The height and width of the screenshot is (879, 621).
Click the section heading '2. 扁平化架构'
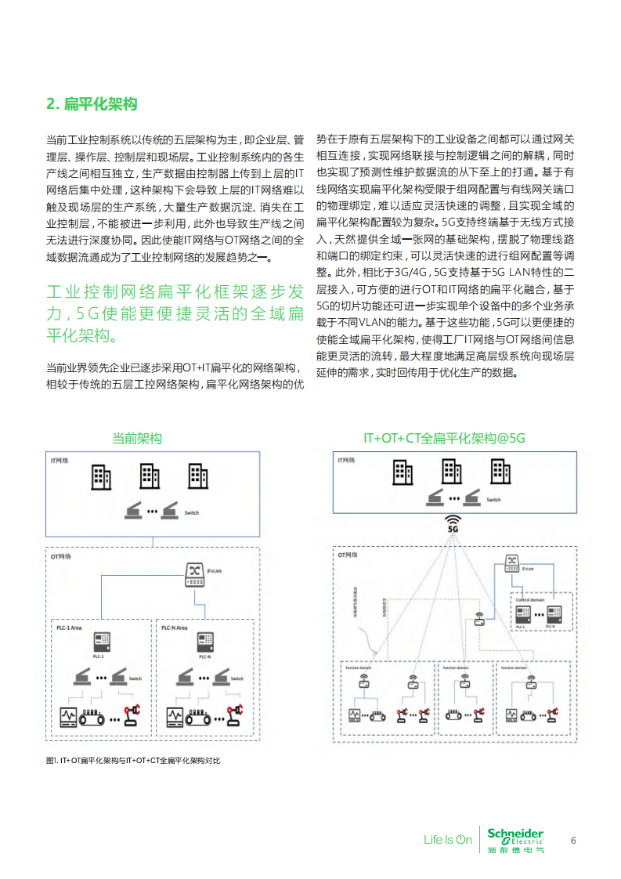click(x=92, y=104)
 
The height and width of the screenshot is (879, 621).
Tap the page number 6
click(x=573, y=841)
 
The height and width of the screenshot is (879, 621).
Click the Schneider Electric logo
click(x=514, y=839)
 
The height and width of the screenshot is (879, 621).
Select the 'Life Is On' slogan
click(x=448, y=841)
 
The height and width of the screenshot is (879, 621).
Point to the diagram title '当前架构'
click(x=137, y=439)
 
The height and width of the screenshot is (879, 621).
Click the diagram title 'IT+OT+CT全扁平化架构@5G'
click(x=444, y=439)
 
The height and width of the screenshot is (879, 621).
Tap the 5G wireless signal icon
click(x=452, y=523)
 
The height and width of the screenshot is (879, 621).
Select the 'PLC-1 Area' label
click(x=70, y=628)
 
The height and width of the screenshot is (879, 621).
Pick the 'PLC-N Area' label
click(x=175, y=628)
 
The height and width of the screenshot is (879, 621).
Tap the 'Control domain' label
click(x=530, y=599)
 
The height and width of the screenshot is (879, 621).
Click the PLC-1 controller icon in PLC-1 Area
click(x=99, y=643)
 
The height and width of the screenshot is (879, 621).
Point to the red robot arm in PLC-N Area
click(x=233, y=714)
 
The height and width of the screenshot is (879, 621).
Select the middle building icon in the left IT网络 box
click(x=150, y=476)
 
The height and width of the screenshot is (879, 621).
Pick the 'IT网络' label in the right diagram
click(x=346, y=461)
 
